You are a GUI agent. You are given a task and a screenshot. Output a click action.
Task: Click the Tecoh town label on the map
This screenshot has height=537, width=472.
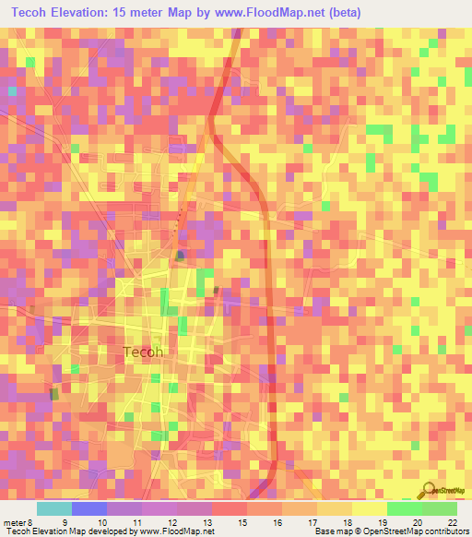pos(142,352)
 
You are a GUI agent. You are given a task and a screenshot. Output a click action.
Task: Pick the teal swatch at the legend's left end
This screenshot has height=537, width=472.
pos(54,508)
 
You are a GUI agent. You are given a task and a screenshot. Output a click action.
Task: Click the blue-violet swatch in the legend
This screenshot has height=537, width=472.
pos(89,508)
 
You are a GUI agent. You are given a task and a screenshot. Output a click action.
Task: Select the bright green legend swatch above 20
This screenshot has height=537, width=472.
pos(404,508)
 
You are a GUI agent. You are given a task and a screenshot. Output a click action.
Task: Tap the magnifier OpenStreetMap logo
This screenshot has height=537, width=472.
pos(430,490)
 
